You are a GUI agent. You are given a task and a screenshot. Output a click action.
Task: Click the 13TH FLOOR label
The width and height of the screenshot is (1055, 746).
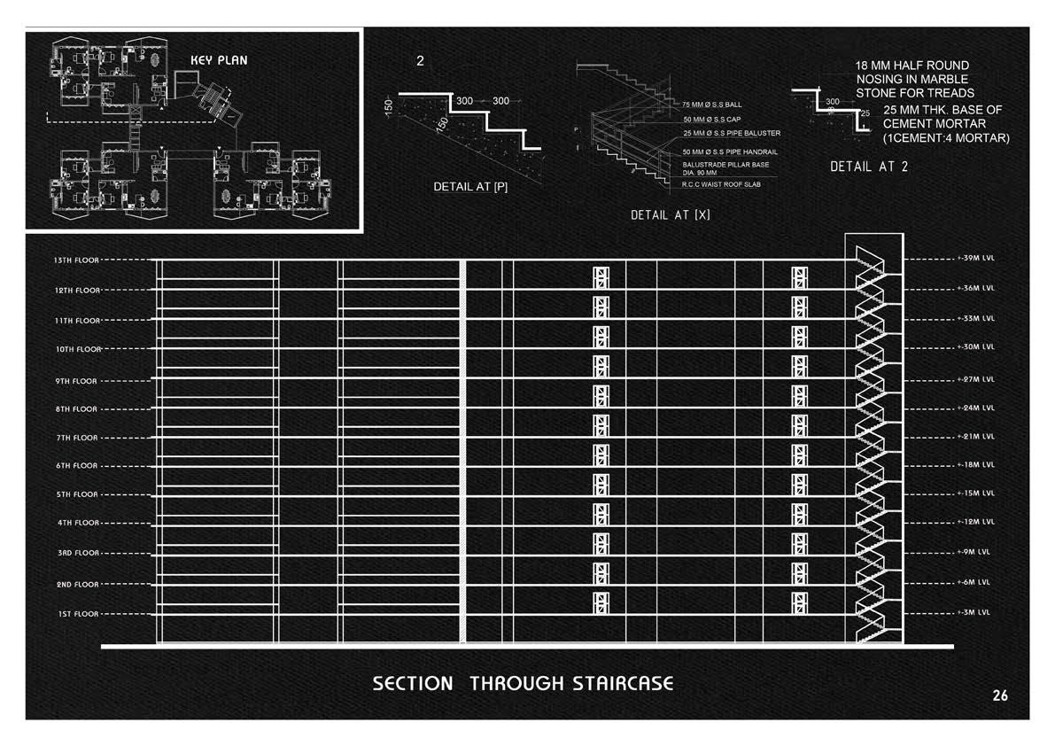coord(75,260)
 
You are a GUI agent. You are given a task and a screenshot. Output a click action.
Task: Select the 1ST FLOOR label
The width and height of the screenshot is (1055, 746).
coord(77,614)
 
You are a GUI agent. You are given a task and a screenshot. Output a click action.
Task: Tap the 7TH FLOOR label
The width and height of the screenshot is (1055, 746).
coord(76,438)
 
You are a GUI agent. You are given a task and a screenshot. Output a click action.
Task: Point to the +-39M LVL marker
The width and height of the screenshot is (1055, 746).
coord(976,260)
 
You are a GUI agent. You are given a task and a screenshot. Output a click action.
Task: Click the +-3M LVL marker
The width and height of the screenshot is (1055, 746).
coord(974,612)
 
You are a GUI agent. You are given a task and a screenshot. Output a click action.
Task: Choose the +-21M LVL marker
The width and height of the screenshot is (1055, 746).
coord(976,436)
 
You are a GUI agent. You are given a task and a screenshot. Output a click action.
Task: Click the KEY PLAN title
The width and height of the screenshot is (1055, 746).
coord(219,61)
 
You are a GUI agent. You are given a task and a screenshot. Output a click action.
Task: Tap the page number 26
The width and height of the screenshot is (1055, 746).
coord(1000,695)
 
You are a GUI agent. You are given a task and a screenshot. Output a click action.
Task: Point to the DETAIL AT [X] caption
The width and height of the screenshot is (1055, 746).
coord(670,215)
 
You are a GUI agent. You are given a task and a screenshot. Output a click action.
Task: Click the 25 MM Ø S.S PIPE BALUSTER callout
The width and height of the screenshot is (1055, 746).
coord(732,133)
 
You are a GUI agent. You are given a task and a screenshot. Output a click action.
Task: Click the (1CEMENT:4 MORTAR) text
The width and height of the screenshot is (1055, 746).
coord(946,137)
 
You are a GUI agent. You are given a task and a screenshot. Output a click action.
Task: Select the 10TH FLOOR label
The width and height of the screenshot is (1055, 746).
coord(76,349)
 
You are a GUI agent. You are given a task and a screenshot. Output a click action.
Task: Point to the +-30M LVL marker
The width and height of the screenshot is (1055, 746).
coord(976,346)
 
